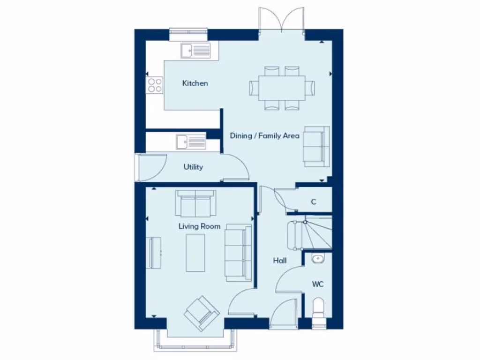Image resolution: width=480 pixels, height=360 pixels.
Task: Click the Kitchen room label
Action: tap(195, 83)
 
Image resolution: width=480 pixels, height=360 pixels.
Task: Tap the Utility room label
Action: tap(193, 167)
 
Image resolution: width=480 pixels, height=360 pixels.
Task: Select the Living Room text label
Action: tap(199, 226)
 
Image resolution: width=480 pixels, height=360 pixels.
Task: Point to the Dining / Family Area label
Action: tap(264, 136)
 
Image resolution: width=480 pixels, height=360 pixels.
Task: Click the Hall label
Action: tap(280, 261)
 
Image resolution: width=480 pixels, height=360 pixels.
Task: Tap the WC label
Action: tap(318, 285)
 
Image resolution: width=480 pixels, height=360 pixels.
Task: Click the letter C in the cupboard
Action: tap(314, 202)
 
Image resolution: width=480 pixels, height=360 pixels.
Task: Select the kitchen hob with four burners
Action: tap(155, 85)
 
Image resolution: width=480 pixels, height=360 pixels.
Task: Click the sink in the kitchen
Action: tap(196, 50)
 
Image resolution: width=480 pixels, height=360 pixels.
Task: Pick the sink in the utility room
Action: tap(191, 141)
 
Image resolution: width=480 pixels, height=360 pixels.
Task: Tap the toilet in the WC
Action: tap(319, 310)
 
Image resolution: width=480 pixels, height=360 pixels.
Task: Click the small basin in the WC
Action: tap(318, 258)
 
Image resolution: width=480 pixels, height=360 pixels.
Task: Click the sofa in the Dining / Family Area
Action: tap(315, 146)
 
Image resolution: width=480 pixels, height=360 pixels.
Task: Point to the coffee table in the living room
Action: tap(195, 253)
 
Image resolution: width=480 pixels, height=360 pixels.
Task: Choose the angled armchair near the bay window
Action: tap(202, 313)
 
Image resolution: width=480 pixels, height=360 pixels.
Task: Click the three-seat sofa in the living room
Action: tap(238, 253)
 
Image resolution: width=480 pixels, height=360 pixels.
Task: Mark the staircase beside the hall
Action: tap(309, 233)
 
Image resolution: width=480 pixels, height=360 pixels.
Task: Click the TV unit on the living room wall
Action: tap(154, 253)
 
